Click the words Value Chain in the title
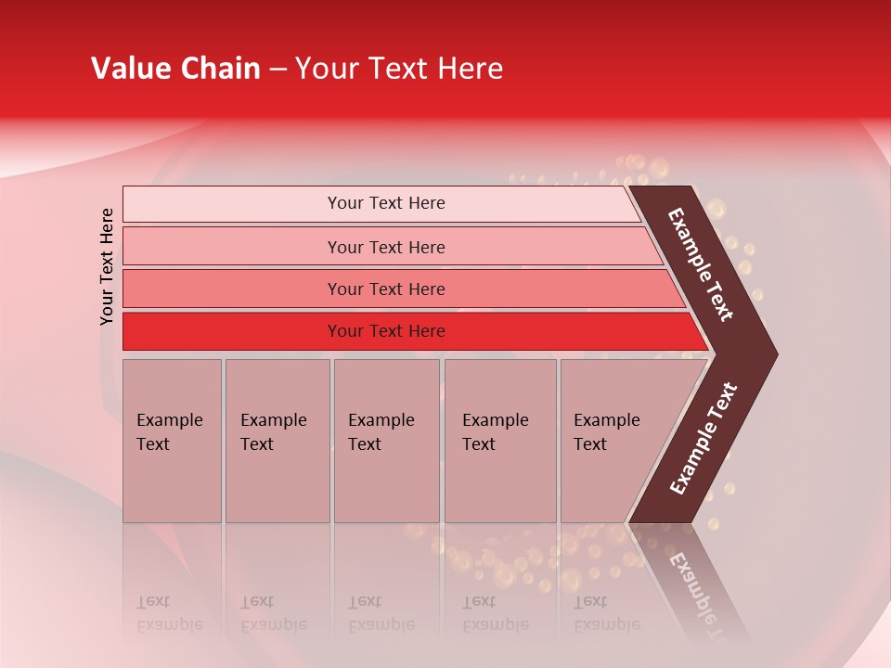point(175,69)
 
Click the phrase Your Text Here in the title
point(399,69)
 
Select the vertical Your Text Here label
point(107,266)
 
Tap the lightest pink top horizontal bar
point(232,204)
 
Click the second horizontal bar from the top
point(232,247)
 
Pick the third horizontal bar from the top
point(232,289)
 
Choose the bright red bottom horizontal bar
point(232,331)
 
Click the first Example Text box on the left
point(172,441)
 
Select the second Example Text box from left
point(277,441)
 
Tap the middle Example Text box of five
point(386,441)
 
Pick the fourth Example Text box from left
point(499,441)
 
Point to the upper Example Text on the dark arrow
point(701,264)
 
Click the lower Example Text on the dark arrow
point(703,439)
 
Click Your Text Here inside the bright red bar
point(386,331)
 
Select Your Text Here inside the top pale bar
point(386,203)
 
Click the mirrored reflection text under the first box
point(169,613)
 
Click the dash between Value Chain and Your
point(278,70)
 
